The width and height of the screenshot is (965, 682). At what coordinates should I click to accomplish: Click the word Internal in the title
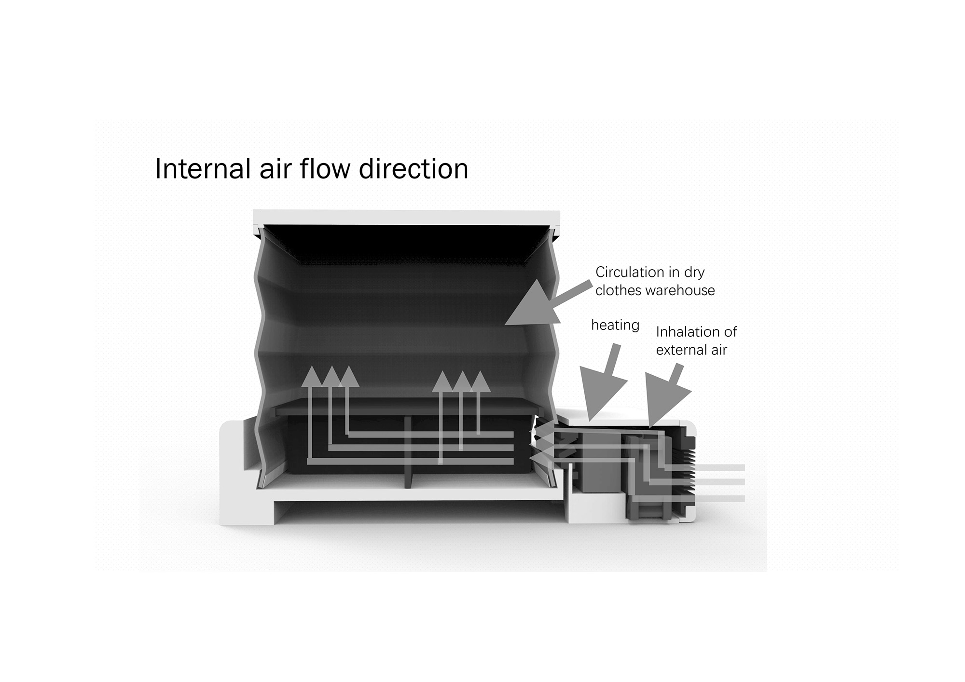point(199,169)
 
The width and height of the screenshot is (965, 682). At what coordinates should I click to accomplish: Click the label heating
point(615,326)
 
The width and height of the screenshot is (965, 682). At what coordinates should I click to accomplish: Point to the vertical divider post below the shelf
point(408,453)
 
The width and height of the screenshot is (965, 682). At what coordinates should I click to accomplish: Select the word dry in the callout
point(694,273)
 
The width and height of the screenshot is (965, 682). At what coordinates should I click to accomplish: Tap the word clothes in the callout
point(618,291)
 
